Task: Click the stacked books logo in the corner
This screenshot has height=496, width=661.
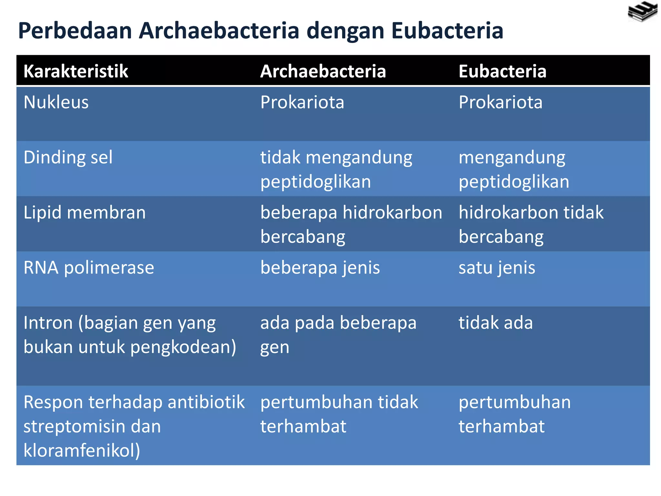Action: (642, 12)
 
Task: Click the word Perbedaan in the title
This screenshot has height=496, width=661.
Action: (75, 31)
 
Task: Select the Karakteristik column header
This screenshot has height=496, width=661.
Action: (76, 71)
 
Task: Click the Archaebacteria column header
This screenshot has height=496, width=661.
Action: (323, 71)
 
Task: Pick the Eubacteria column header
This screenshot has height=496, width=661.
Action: (502, 71)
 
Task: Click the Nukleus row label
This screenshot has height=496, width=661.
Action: (56, 102)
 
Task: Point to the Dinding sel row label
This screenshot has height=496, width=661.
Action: (68, 158)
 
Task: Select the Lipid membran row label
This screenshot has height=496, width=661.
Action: (85, 213)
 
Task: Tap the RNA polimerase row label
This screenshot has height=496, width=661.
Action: (89, 268)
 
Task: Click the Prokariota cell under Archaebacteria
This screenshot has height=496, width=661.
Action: (302, 102)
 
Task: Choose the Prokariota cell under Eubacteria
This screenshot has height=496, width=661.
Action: (500, 102)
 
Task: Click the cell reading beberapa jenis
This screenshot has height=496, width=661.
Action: (320, 268)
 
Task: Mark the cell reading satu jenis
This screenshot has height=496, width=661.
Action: (497, 268)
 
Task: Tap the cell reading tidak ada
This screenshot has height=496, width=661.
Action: (495, 323)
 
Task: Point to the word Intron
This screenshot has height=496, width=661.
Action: (48, 323)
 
